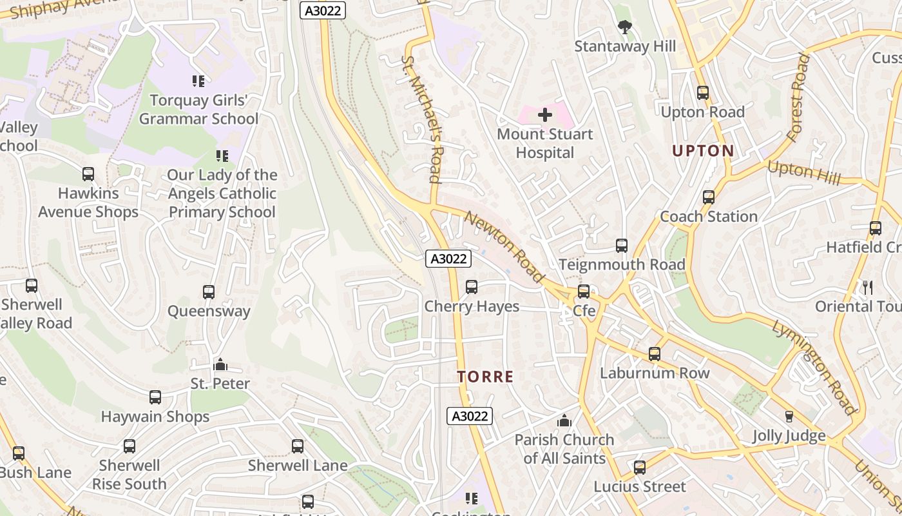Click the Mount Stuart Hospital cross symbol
point(545,115)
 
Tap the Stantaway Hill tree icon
point(624,27)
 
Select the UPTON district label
point(703,151)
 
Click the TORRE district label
point(486,377)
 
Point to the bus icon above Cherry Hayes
point(472,287)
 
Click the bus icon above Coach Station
point(709,197)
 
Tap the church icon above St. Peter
point(220,365)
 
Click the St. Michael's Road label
point(421,119)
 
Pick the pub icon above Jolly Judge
point(789,417)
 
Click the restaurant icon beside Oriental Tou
point(868,287)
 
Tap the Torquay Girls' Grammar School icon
point(198,81)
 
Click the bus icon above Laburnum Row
point(655,354)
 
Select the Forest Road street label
point(798,97)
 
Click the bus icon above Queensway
point(209,292)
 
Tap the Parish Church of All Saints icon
point(564,421)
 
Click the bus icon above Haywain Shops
point(155,397)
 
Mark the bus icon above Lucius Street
point(640,468)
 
